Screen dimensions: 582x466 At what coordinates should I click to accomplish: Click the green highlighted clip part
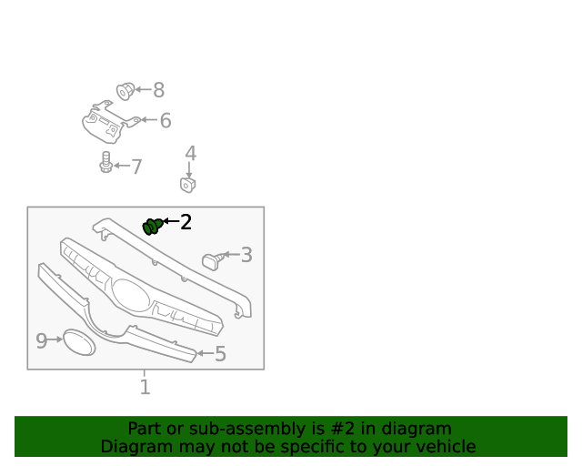click(152, 227)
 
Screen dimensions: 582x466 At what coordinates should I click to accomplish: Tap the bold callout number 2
click(186, 222)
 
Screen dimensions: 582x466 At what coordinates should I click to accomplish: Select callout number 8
click(159, 90)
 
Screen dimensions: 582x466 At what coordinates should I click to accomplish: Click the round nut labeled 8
click(125, 91)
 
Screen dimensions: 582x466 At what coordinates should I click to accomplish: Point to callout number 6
click(166, 121)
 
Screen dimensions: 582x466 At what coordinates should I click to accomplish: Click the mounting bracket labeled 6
click(107, 123)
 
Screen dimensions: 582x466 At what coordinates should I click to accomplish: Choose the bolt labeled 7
click(105, 162)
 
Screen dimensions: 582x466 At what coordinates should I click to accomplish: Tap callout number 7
click(137, 167)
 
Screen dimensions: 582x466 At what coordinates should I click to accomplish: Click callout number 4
click(190, 153)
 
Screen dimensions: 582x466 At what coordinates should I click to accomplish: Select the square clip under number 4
click(188, 185)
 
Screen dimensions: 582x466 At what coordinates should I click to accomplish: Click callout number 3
click(246, 255)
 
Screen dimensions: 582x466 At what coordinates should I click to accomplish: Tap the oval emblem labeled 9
click(79, 342)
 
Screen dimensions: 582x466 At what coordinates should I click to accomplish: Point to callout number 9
click(42, 340)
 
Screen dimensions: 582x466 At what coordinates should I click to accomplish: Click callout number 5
click(220, 354)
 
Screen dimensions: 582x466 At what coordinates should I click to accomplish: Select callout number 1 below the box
click(145, 387)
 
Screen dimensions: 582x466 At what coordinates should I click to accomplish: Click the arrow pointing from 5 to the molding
click(206, 353)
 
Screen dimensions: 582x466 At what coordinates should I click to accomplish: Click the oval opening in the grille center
click(131, 296)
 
